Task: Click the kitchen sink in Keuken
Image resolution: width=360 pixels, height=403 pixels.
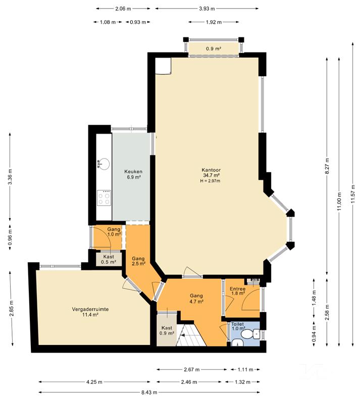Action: tap(104, 164)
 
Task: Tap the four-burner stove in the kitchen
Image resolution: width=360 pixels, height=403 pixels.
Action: tap(104, 197)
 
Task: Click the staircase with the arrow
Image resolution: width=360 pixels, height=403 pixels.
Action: tap(191, 335)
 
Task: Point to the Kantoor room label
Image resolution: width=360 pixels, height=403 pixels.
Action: tap(211, 170)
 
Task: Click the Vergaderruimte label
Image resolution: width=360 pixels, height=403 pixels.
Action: tap(90, 309)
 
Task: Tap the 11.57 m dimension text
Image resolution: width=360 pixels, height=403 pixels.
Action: tap(353, 194)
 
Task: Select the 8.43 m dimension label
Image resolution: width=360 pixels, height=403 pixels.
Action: tap(149, 392)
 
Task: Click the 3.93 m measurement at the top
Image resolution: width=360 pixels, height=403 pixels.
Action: tap(207, 9)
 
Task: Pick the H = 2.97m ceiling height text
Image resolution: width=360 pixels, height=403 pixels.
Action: tap(210, 181)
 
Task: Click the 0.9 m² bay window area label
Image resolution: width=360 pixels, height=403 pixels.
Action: tap(214, 48)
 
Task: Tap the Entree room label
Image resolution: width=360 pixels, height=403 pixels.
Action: tap(237, 289)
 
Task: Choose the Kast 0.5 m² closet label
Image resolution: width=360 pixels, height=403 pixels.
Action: tap(109, 260)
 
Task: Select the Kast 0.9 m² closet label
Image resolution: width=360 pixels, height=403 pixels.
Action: tap(167, 330)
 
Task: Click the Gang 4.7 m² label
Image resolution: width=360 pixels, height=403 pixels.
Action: tap(196, 298)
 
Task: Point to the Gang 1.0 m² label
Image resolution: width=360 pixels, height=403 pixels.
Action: tap(114, 232)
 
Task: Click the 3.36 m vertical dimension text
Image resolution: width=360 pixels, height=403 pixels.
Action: tap(10, 176)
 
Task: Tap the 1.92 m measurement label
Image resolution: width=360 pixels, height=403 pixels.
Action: tap(214, 22)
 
